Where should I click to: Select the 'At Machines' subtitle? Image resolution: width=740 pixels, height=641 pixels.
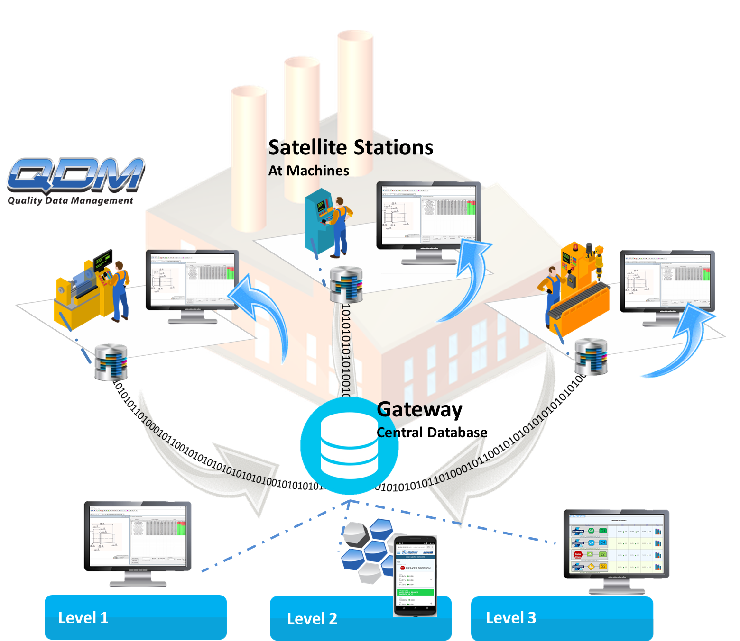coord(308,171)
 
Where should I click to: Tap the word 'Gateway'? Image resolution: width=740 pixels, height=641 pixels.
coord(419,410)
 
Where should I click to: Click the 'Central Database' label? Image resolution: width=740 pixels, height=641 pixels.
coord(432,433)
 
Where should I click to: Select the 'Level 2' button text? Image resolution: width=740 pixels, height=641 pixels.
coord(312,619)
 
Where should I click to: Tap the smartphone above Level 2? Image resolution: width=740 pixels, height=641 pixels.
coord(415,576)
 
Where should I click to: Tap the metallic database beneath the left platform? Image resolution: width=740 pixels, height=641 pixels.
coord(111,362)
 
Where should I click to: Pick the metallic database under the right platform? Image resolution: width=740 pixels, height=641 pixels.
coord(591,356)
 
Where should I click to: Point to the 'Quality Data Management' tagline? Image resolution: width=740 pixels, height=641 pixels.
coord(70,200)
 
